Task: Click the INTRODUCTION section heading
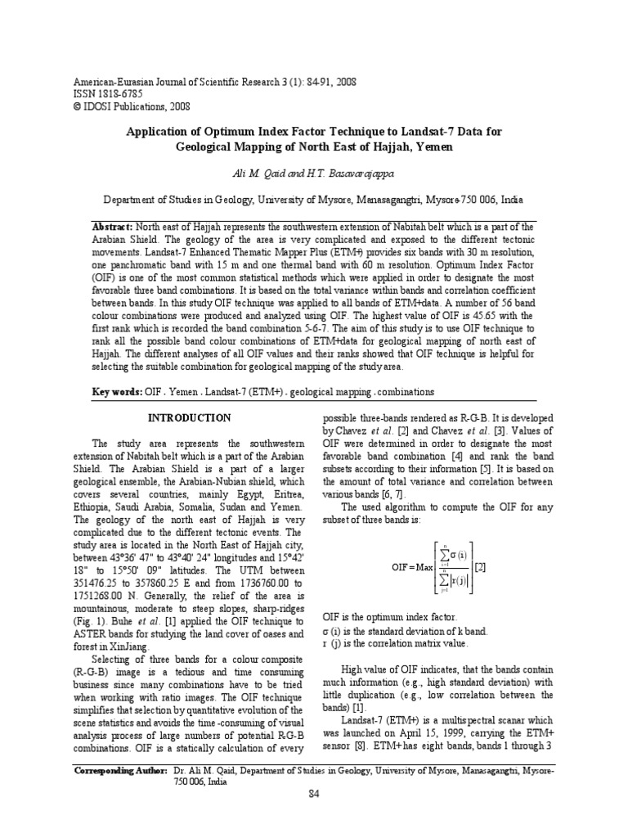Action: coord(189,417)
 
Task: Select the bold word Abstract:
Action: coord(111,226)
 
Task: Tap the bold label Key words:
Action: coord(117,392)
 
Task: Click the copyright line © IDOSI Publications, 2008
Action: coord(121,106)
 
